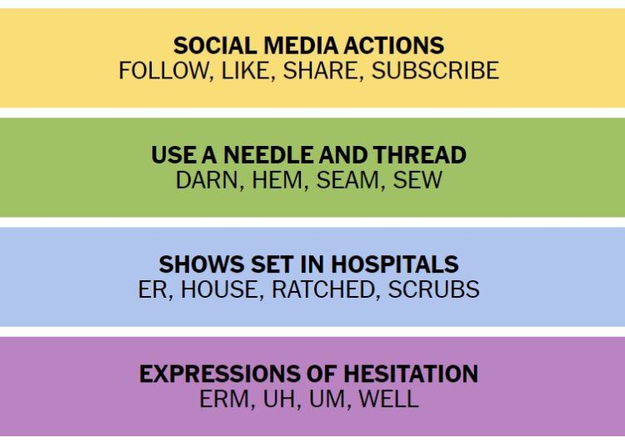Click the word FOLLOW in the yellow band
coord(163,71)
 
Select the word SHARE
coord(320,71)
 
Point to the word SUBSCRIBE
coord(435,71)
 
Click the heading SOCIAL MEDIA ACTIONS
coord(308,46)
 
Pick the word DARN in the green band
coord(207,180)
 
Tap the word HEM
coord(277,180)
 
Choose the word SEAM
coord(348,180)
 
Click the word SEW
coord(417,180)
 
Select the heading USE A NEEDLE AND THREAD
coord(308,155)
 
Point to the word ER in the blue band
coord(152,289)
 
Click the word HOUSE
coord(219,289)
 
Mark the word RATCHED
coord(322,289)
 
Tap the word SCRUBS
coord(433,289)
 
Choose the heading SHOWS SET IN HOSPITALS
coord(308,264)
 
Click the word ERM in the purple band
coord(224,399)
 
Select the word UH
coord(279,399)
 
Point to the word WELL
coord(388,399)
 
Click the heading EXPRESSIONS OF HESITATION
coord(308,374)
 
